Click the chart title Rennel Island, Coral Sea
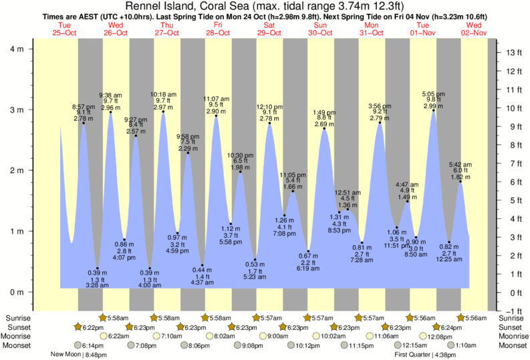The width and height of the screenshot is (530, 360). [265, 6]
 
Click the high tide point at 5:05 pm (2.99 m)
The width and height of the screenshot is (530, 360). [434, 111]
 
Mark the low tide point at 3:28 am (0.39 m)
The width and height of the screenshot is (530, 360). [98, 268]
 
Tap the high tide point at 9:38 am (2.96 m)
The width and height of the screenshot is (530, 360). [110, 112]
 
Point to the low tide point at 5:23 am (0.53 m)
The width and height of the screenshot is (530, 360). [255, 260]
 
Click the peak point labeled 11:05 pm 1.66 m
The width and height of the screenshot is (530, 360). [293, 191]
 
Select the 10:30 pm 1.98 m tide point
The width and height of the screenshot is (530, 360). [241, 172]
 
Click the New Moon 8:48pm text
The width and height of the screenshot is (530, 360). [79, 355]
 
